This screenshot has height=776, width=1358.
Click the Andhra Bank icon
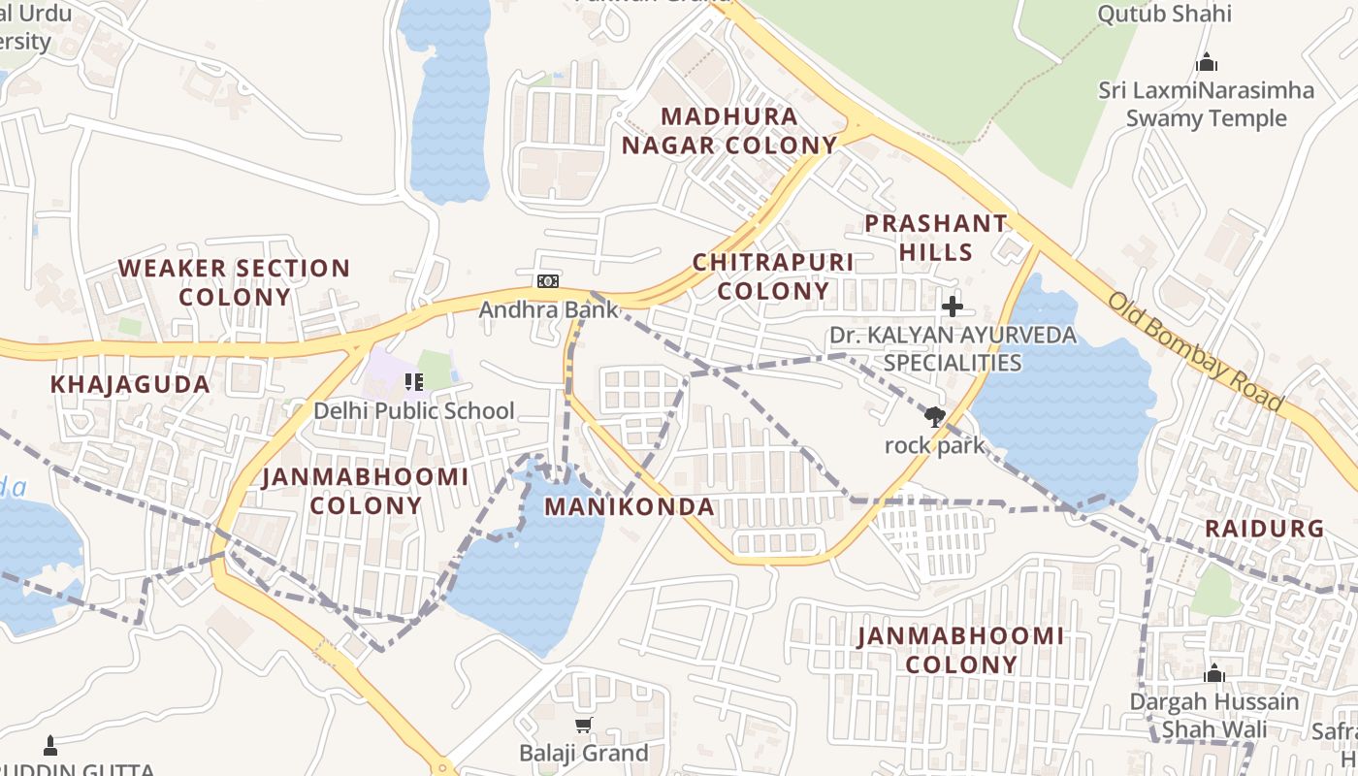point(548,281)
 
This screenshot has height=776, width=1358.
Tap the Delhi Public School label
point(413,410)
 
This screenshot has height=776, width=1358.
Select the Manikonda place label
point(630,506)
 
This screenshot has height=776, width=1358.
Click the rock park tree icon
point(934,418)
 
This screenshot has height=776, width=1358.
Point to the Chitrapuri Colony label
point(773,276)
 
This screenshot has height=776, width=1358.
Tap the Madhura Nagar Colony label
point(728,131)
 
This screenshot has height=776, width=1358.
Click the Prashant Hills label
point(936,238)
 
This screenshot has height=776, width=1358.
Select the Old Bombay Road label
point(1196,351)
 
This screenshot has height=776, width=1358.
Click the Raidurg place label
point(1264,529)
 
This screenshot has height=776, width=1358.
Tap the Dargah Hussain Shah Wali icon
point(1214,673)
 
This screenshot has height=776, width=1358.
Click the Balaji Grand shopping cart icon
point(583,726)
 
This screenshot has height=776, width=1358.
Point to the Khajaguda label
point(130,384)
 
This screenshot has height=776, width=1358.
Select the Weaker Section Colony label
point(234,282)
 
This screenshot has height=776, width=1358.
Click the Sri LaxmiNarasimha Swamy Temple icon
point(1207,63)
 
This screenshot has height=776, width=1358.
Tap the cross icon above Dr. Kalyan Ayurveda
point(953,307)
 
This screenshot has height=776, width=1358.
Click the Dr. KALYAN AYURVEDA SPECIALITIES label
point(953,349)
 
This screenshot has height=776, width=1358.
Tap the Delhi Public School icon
point(414,382)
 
